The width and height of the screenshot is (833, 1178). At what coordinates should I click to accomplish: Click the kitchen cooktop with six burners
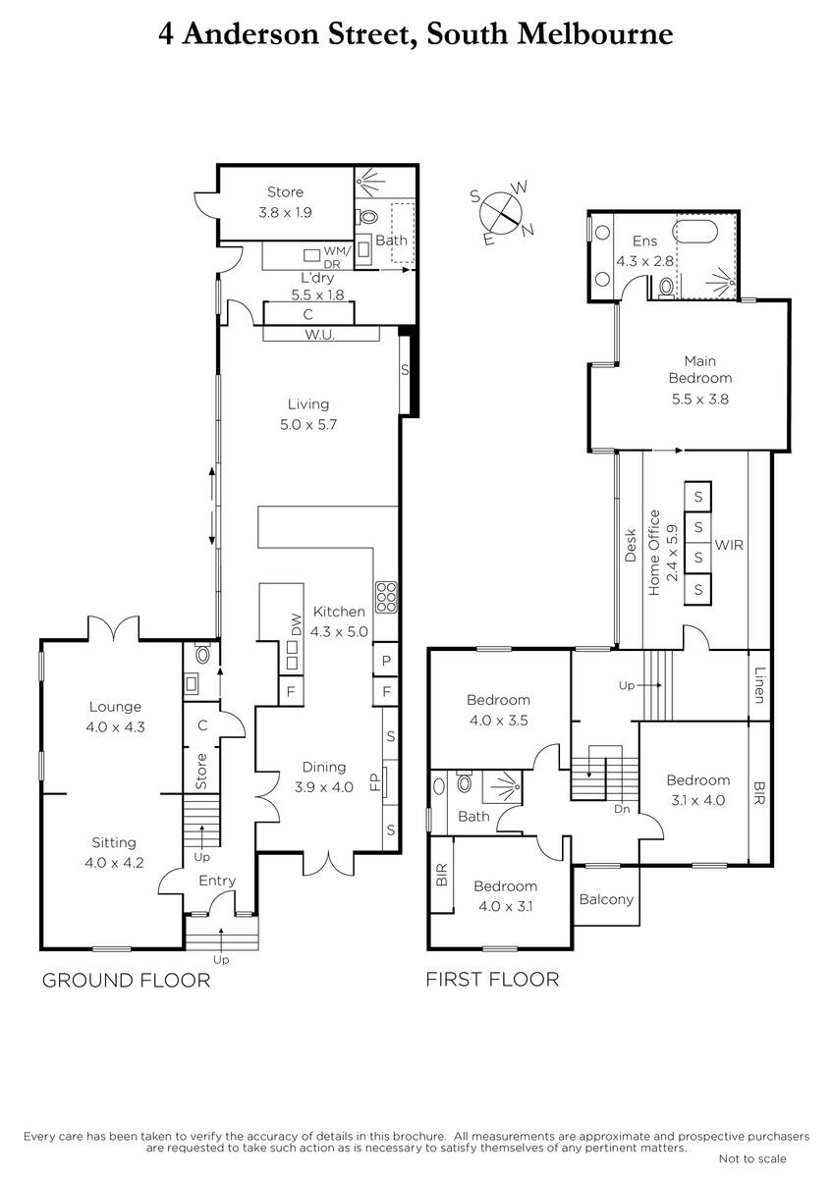pos(386,598)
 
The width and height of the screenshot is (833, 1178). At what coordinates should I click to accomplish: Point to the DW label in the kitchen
pos(297,624)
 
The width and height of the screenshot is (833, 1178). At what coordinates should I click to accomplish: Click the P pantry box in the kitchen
pos(386,660)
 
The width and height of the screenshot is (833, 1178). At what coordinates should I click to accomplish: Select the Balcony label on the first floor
pos(606,899)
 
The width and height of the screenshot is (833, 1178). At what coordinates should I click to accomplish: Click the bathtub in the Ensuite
pos(695,232)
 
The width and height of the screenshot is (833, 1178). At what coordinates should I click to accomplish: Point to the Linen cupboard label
pos(759,685)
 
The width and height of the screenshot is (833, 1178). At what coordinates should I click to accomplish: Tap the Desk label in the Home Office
pos(631,545)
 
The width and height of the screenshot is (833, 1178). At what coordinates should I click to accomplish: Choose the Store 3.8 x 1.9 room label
pos(285,202)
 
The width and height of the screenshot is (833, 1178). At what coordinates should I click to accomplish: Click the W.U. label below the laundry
pos(320,335)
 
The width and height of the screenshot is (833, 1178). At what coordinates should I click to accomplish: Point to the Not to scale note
pos(752,1158)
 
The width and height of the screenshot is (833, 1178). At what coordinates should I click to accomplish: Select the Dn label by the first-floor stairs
pos(622,809)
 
